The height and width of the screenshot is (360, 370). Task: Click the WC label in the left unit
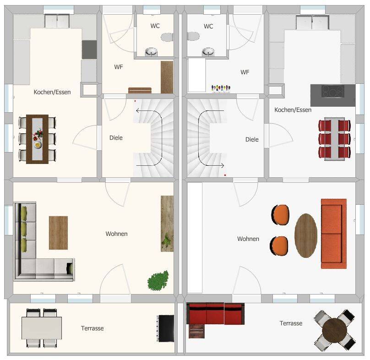tap(155, 26)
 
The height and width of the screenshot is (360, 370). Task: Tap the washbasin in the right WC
tap(208, 52)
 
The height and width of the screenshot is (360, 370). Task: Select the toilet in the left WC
tap(167, 37)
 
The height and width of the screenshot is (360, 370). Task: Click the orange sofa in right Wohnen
tap(334, 234)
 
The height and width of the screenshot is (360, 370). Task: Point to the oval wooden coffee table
tap(306, 235)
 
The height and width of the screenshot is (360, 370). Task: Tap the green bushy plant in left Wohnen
tap(158, 281)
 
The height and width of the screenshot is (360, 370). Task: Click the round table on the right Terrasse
tap(334, 330)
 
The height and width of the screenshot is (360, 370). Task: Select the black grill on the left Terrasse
tap(166, 328)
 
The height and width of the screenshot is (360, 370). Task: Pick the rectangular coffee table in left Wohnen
tap(58, 233)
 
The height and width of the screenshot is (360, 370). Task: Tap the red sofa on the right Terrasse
tap(215, 314)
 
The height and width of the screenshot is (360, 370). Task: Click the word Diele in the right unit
tap(252, 140)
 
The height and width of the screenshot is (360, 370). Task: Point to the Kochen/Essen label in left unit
tap(52, 92)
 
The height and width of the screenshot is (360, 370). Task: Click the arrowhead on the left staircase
tap(138, 110)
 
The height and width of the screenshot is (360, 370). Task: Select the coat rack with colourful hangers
tap(221, 88)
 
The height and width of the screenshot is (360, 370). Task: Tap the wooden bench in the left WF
tap(140, 90)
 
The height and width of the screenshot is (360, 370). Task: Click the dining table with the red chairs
tap(334, 139)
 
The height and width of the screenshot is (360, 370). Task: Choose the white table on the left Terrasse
tap(42, 328)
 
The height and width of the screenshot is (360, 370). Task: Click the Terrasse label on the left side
tap(92, 328)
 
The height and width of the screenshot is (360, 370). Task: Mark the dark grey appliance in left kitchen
tap(89, 49)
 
